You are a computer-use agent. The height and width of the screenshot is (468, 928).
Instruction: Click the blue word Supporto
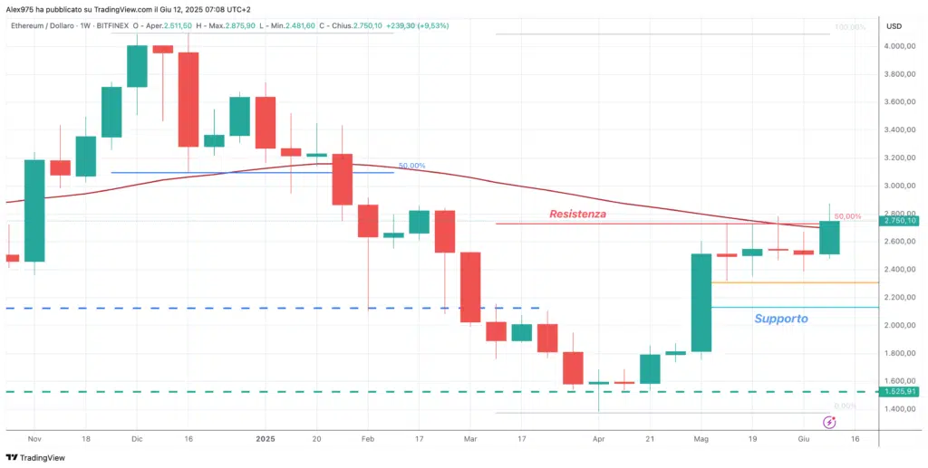click(781, 319)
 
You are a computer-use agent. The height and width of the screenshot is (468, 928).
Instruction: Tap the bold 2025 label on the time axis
click(265, 437)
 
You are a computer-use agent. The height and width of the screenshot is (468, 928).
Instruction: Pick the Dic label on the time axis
click(136, 437)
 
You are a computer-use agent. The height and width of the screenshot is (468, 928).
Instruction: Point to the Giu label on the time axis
click(805, 437)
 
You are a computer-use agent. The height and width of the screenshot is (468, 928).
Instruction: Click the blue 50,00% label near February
click(411, 167)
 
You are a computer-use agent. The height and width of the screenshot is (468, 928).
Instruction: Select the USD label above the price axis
click(894, 25)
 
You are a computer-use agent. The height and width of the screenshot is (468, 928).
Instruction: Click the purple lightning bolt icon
click(828, 422)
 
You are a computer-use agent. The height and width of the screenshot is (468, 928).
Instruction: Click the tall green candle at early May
click(701, 302)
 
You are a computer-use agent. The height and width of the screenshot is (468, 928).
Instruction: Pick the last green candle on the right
click(829, 237)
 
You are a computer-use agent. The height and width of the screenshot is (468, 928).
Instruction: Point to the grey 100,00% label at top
click(849, 27)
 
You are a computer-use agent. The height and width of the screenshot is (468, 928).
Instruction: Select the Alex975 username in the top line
click(20, 8)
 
